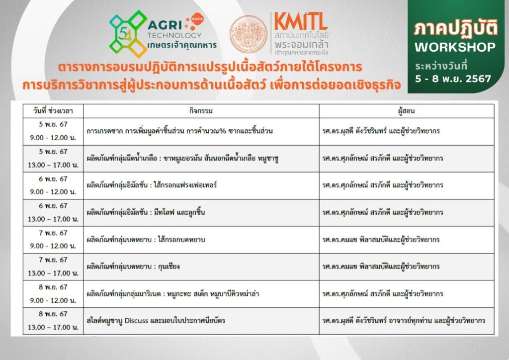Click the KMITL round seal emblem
tap(249, 34)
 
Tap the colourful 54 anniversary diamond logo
tap(128, 34)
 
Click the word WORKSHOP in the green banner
tap(455, 47)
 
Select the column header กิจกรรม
tap(201, 111)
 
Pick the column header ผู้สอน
tap(407, 111)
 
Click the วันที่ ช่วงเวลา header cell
tap(53, 111)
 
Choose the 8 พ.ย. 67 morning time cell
tap(53, 294)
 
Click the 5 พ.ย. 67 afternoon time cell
tap(53, 159)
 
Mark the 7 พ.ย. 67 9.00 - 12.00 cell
tap(53, 240)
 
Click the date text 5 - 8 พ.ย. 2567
tap(453, 79)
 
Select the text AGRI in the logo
tap(165, 25)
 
